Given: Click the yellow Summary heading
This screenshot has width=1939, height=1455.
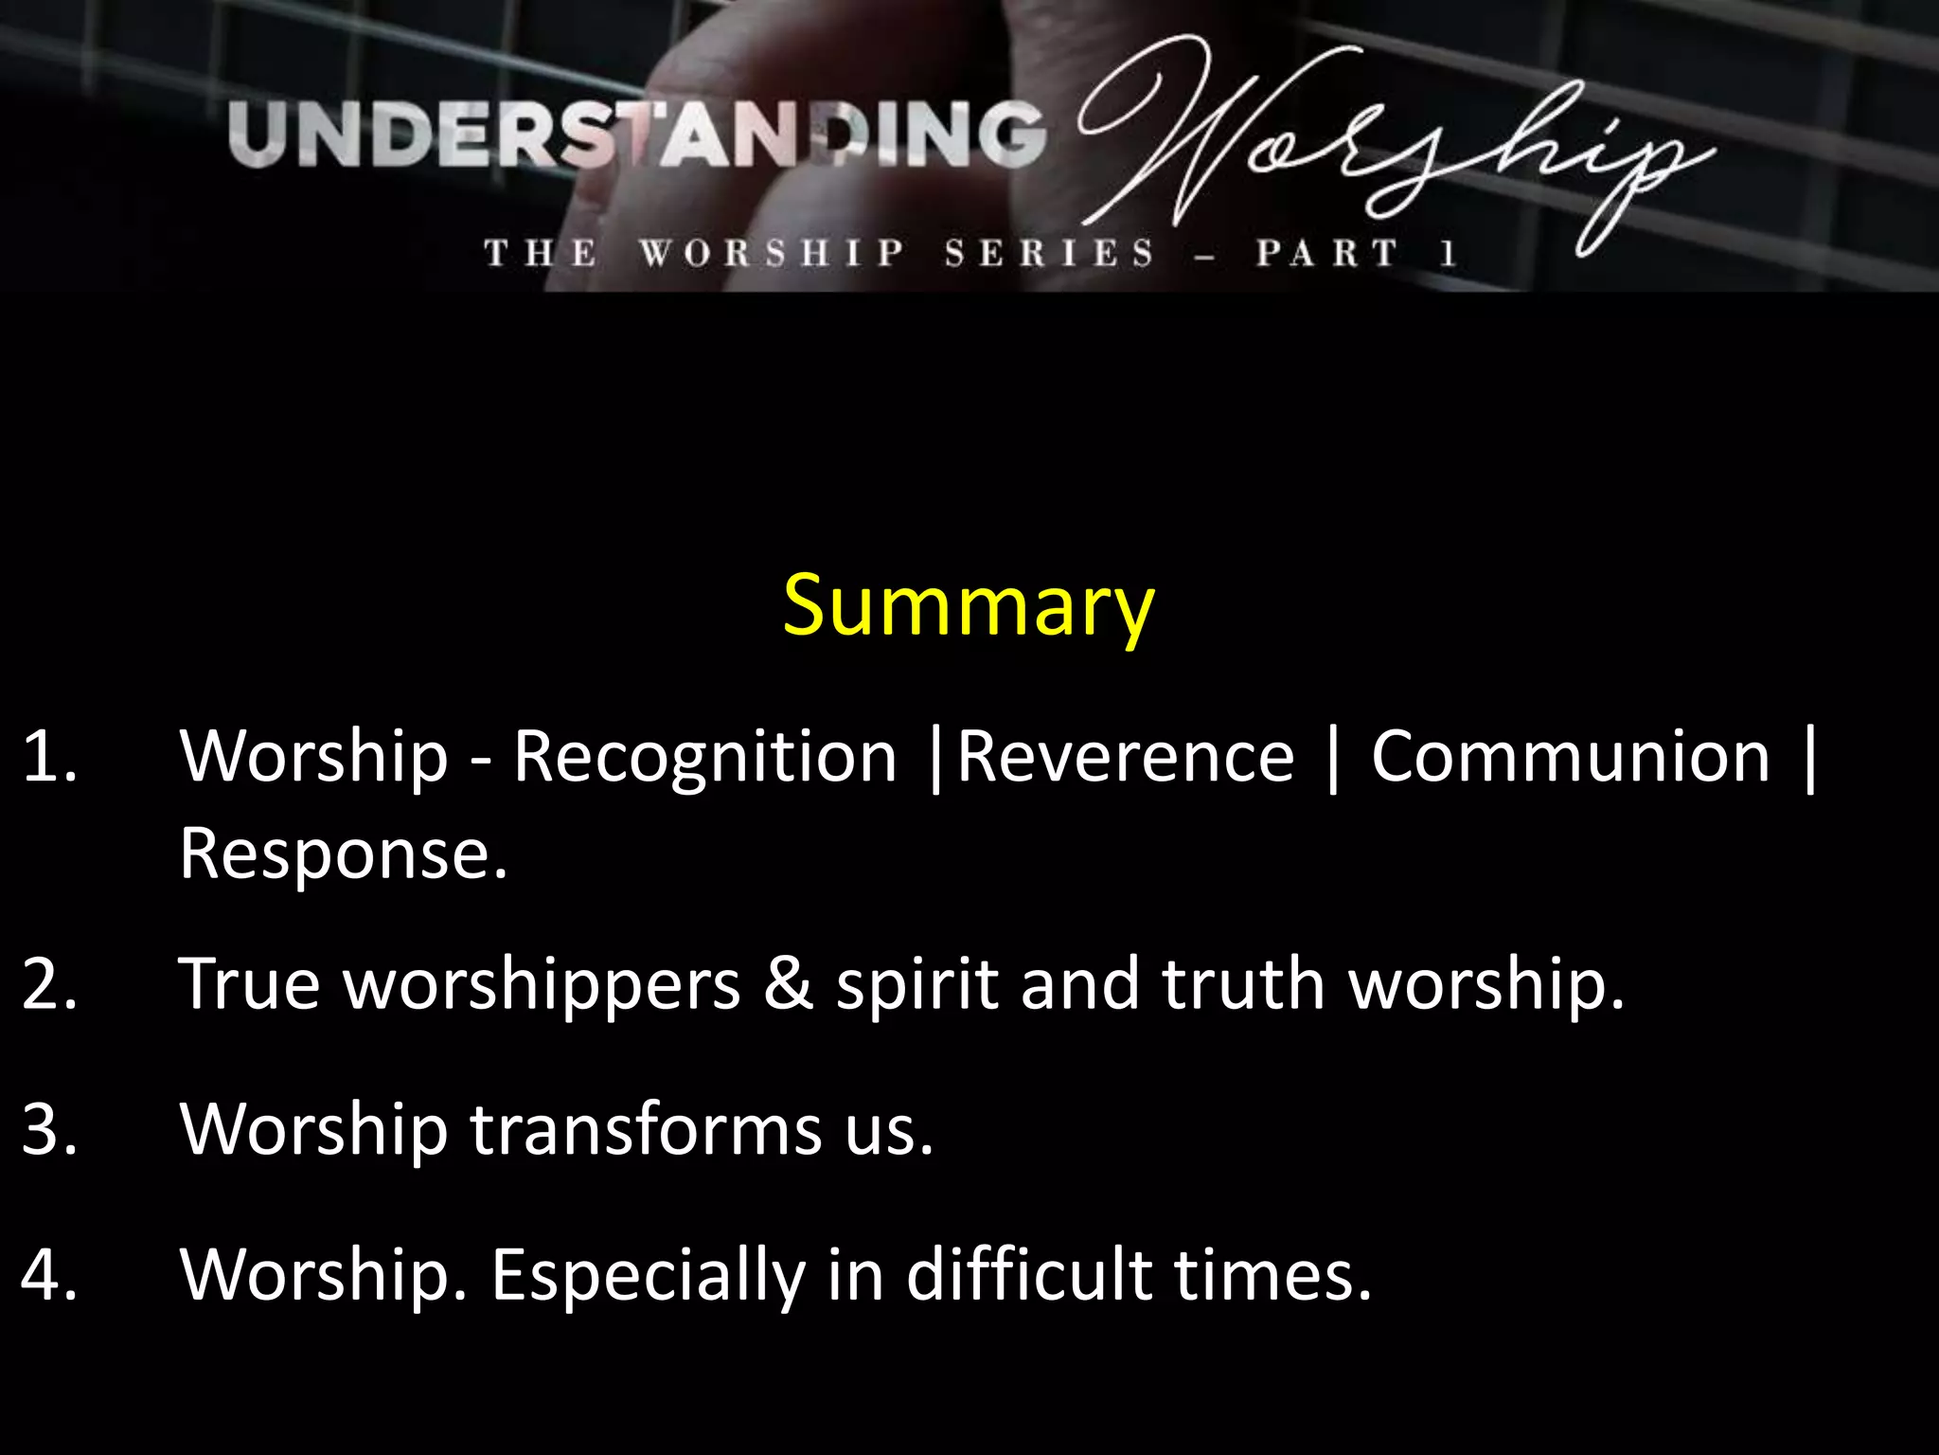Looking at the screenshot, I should tap(968, 606).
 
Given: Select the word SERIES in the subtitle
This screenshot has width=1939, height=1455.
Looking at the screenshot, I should tap(1049, 254).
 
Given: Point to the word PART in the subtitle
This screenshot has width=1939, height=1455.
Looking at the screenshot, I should tap(1325, 254).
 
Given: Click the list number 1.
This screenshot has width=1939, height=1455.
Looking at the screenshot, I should tap(47, 757).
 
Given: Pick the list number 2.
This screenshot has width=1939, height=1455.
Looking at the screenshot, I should tap(47, 984).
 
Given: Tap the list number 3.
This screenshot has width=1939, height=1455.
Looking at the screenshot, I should tap(47, 1129).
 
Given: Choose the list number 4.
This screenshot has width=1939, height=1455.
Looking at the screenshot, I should tap(47, 1274).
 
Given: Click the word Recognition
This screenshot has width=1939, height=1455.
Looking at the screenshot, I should tap(704, 758).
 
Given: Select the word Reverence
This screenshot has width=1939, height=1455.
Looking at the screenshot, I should tap(1125, 758).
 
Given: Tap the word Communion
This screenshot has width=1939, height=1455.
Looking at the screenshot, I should tap(1570, 758).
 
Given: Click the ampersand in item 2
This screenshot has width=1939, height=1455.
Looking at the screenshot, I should tap(788, 984).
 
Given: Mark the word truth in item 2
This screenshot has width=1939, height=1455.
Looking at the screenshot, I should tap(1242, 984).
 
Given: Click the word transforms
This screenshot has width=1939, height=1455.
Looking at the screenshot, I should tap(646, 1129).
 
